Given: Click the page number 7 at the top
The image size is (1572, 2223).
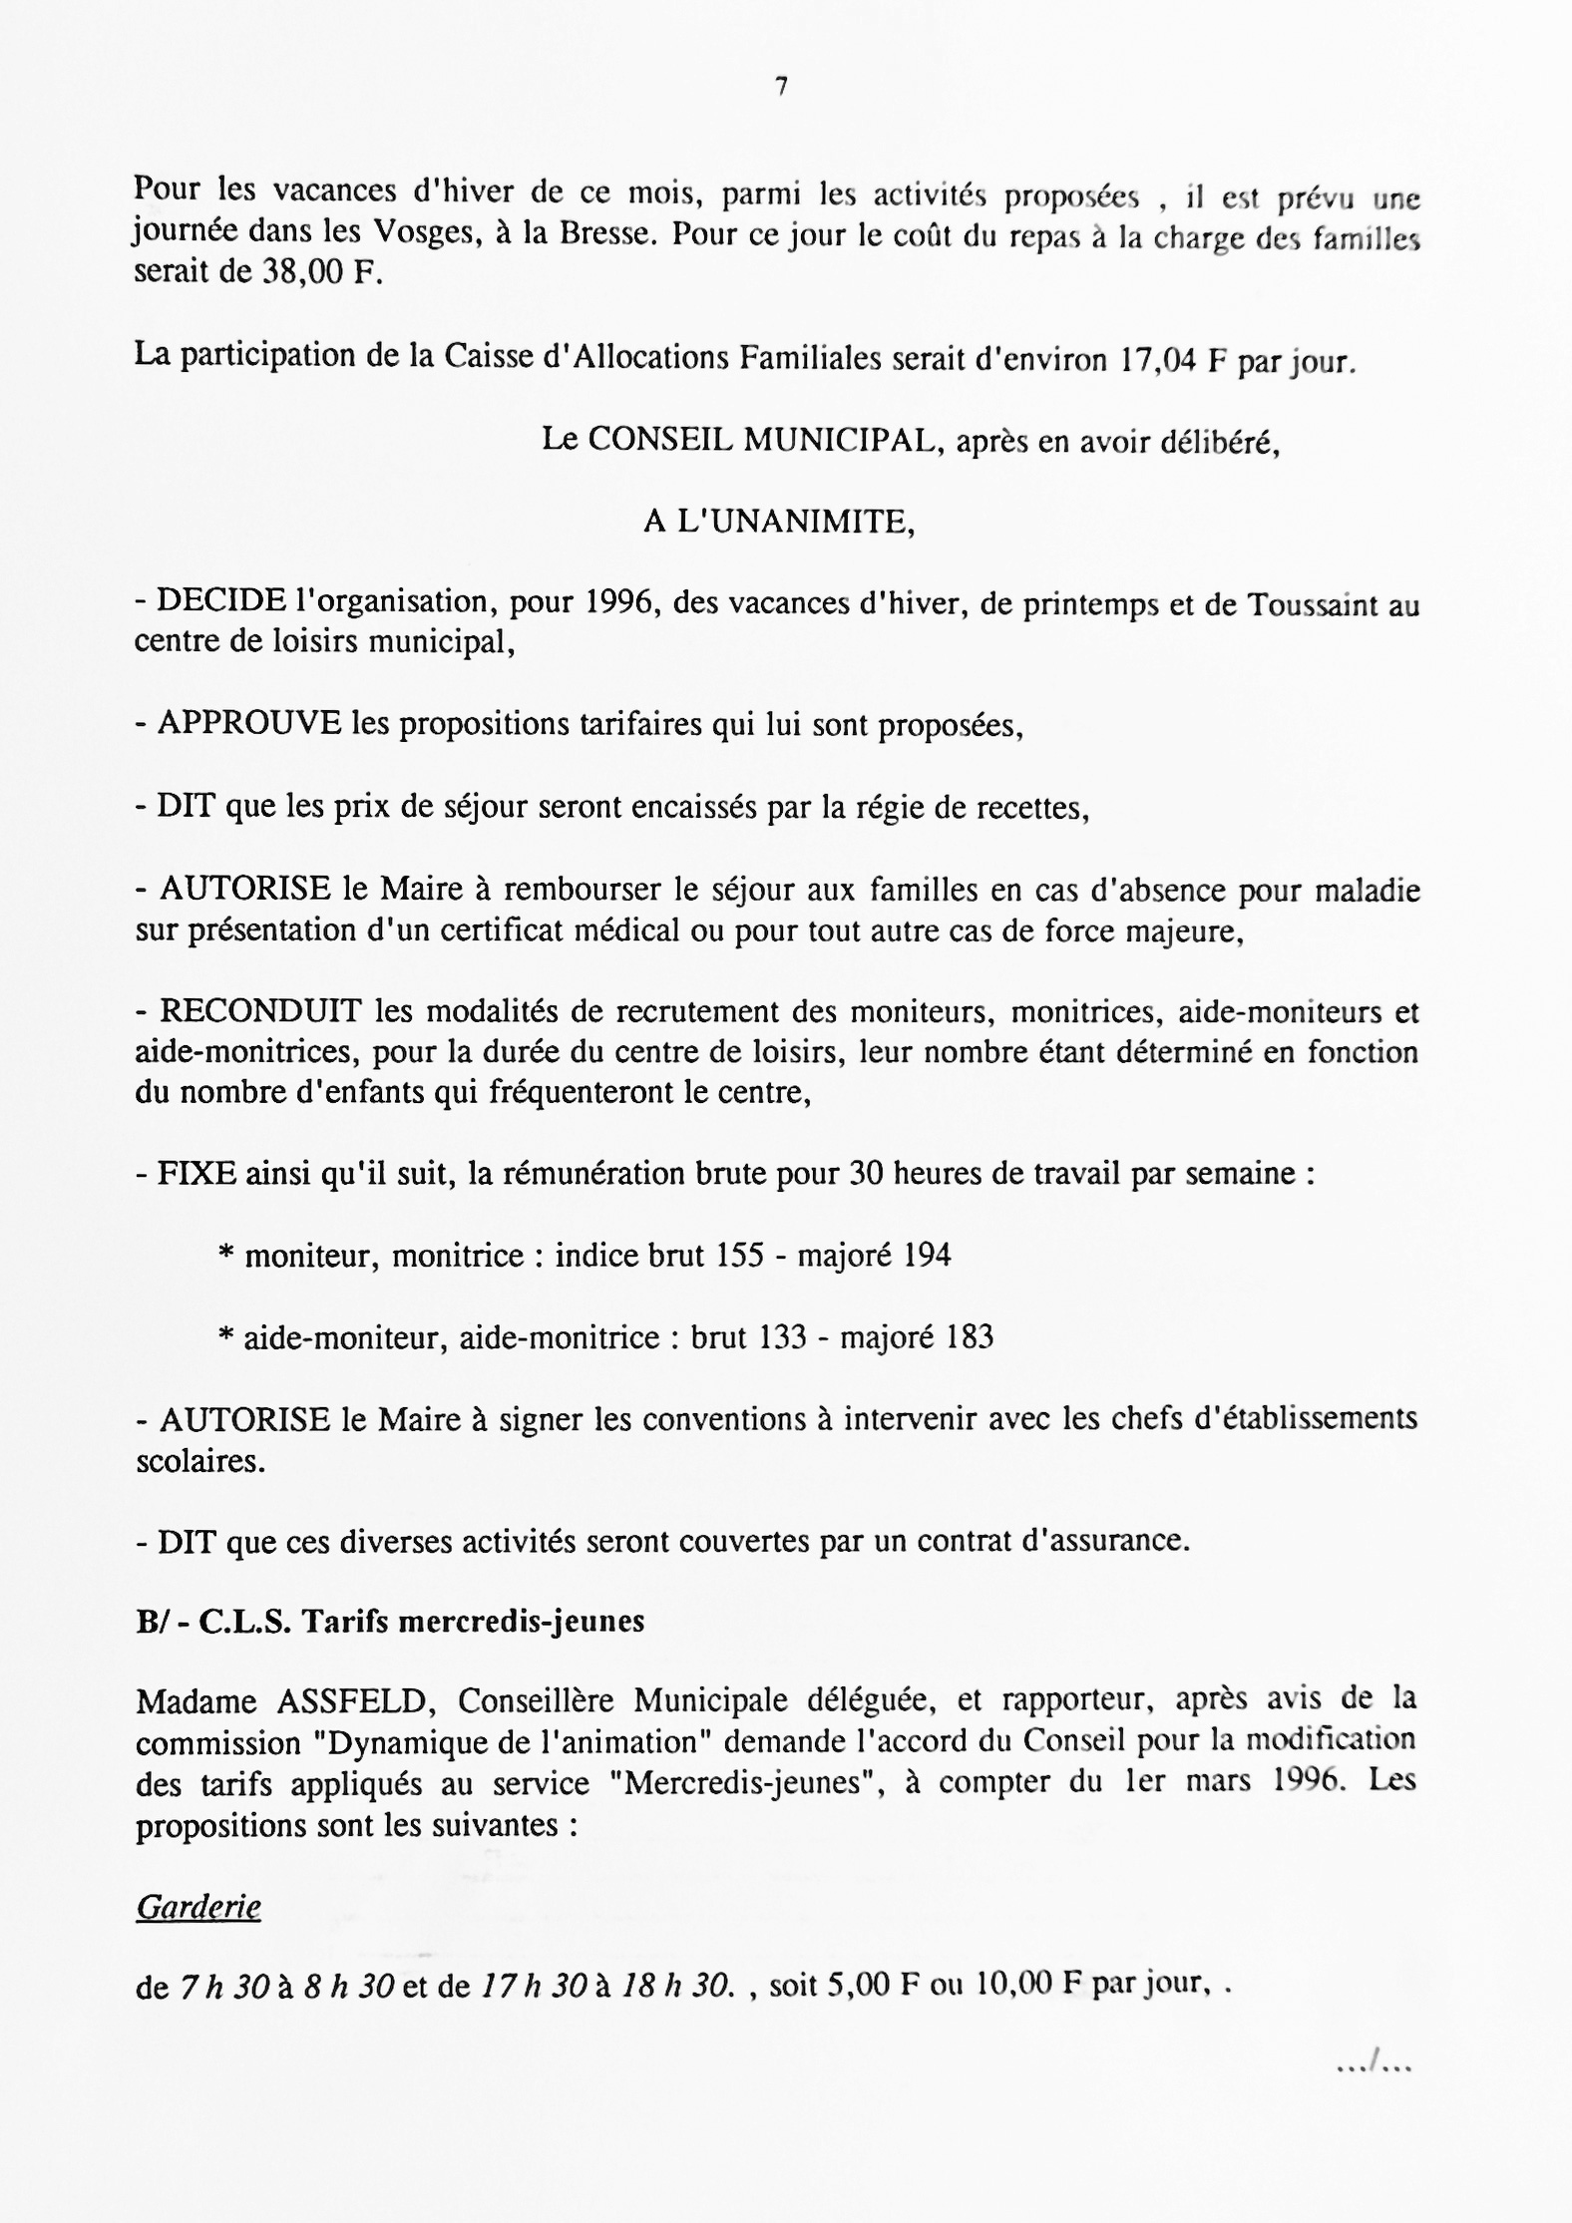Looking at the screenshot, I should pyautogui.click(x=781, y=88).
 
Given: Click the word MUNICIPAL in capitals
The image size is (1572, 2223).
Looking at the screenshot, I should pyautogui.click(x=839, y=441).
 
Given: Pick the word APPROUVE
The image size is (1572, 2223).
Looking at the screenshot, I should pyautogui.click(x=249, y=723).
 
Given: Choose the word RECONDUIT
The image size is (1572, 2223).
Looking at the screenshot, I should pyautogui.click(x=261, y=1011).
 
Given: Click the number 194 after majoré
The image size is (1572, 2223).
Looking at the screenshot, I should pyautogui.click(x=926, y=1255).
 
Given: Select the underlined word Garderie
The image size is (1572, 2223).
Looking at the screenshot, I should pyautogui.click(x=198, y=1908).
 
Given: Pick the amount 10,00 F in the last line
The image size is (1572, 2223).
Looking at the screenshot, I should pyautogui.click(x=1030, y=1985).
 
